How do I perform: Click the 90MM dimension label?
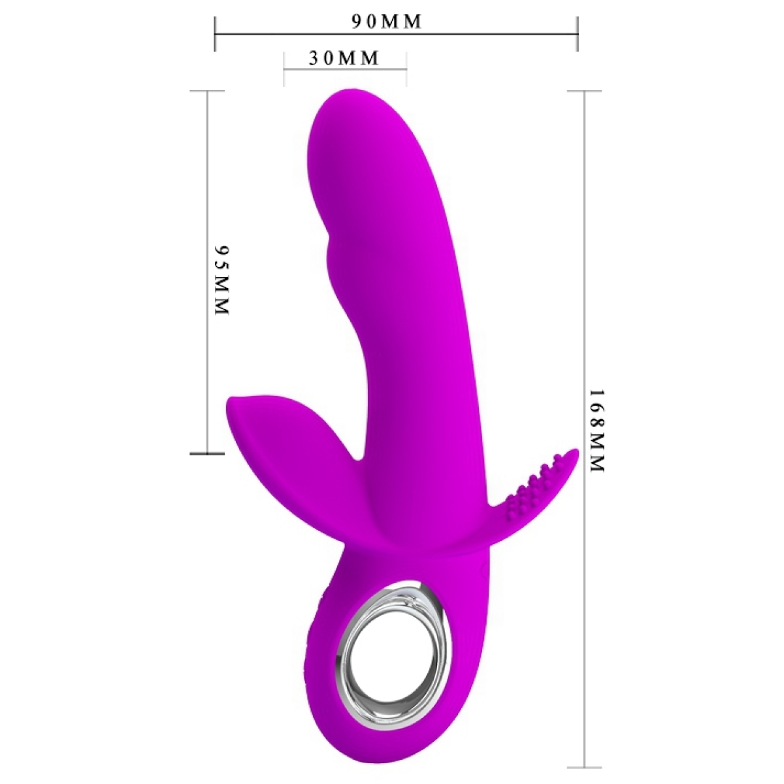[x=387, y=22]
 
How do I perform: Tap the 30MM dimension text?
[x=344, y=58]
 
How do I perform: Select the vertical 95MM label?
[x=222, y=281]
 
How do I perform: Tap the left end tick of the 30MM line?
[x=284, y=68]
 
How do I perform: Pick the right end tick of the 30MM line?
[x=406, y=68]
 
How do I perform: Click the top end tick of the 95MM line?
[x=207, y=91]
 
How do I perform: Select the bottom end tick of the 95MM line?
[x=207, y=453]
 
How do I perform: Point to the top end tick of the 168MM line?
[x=583, y=91]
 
